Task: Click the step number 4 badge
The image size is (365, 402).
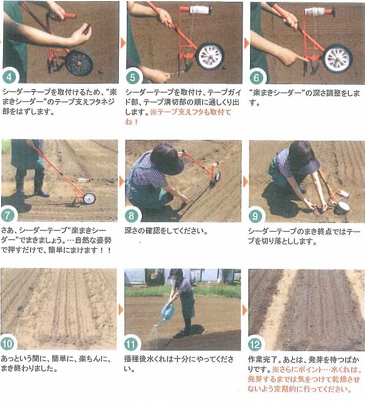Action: pyautogui.click(x=9, y=77)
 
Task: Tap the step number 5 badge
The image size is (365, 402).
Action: pyautogui.click(x=133, y=77)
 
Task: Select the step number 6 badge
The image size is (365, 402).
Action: pyautogui.click(x=256, y=77)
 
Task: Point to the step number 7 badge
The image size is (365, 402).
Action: pyautogui.click(x=8, y=214)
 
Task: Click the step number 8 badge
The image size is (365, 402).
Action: pyautogui.click(x=131, y=215)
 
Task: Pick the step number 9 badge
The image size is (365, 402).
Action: pyautogui.click(x=255, y=216)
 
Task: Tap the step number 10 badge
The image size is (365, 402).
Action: pyautogui.click(x=7, y=344)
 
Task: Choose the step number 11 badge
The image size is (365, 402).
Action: pyautogui.click(x=131, y=344)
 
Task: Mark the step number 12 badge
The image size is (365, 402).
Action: pyautogui.click(x=255, y=344)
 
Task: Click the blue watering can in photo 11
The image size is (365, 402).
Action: pyautogui.click(x=167, y=313)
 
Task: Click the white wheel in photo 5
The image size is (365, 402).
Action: pyautogui.click(x=210, y=57)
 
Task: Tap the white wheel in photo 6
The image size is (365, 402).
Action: pyautogui.click(x=337, y=58)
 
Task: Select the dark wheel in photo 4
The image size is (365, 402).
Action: pyautogui.click(x=79, y=62)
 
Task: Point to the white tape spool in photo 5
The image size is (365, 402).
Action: pyautogui.click(x=200, y=10)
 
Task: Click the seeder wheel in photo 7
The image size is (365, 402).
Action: pyautogui.click(x=89, y=198)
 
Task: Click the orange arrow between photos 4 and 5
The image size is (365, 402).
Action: pyautogui.click(x=123, y=42)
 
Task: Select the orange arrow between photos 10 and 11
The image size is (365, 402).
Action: pyautogui.click(x=121, y=310)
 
